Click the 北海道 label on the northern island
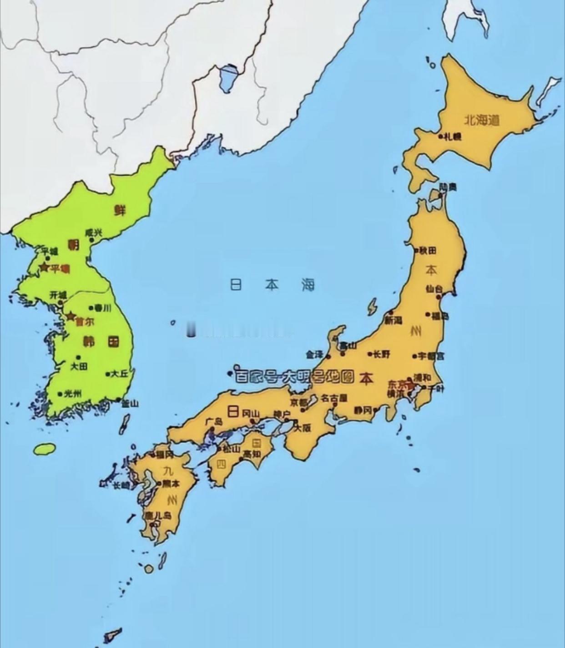click(482, 120)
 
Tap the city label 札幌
click(453, 136)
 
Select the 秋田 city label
click(428, 250)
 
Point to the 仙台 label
click(434, 289)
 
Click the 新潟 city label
click(393, 320)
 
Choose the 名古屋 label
click(334, 398)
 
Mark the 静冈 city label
click(363, 410)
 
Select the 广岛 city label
click(214, 422)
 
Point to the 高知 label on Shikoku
click(252, 454)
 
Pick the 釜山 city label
click(130, 403)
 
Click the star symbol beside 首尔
click(71, 316)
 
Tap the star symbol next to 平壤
click(44, 267)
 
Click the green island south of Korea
click(45, 449)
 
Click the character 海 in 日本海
click(308, 285)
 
